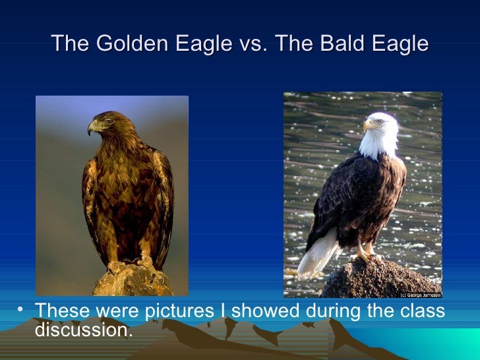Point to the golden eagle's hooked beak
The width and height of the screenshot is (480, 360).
tap(92, 129)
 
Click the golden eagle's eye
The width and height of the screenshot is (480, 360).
tap(102, 121)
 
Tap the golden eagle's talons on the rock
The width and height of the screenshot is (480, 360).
tap(132, 265)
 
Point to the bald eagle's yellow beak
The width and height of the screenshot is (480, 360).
tap(367, 125)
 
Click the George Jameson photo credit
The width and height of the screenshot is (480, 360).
tap(420, 294)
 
